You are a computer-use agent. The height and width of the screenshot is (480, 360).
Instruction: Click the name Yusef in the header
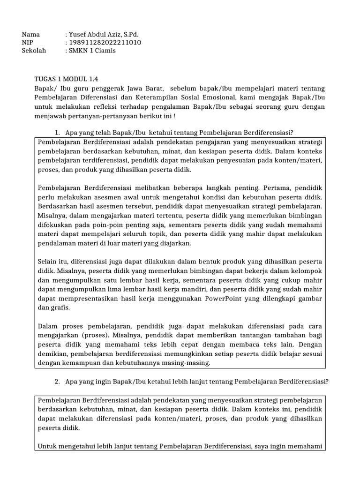[x=77, y=35]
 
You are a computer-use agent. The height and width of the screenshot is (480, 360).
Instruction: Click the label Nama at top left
[x=31, y=35]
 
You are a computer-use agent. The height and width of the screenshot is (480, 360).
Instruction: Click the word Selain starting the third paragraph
[x=48, y=261]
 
